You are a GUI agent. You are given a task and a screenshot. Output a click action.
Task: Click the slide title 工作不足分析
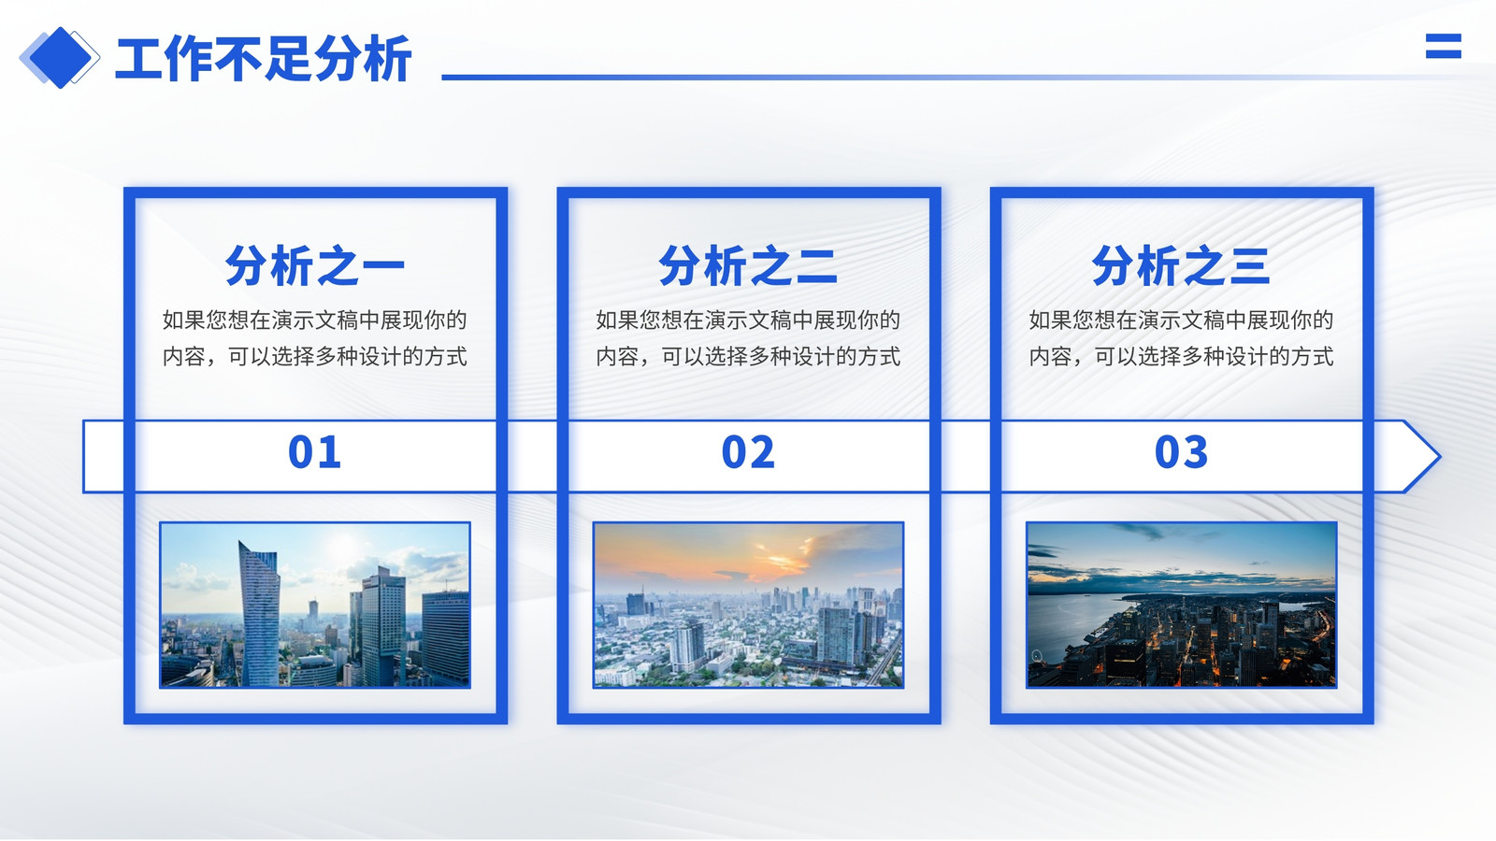coord(263,59)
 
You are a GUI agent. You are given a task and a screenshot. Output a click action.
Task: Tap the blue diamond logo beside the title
coord(60,58)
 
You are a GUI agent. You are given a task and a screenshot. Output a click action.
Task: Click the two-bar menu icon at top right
coord(1444,46)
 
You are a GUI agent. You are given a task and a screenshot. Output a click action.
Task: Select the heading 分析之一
coord(314,265)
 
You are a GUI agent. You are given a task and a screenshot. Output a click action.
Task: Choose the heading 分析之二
coord(748,265)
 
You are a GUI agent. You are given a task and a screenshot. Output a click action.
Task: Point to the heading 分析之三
coord(1181,265)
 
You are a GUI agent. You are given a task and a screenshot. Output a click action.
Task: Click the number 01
coord(314,452)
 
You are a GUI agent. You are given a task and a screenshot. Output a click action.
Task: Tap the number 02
coord(748,452)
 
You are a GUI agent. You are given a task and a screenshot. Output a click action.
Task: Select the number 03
coord(1181,452)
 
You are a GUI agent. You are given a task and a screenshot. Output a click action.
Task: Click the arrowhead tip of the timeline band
coord(1441,457)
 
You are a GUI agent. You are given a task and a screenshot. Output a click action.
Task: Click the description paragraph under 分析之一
coord(314,338)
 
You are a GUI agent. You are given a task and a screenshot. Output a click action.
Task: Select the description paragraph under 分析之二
coord(748,338)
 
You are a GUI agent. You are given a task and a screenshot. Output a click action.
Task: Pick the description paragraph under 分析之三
coord(1181,338)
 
